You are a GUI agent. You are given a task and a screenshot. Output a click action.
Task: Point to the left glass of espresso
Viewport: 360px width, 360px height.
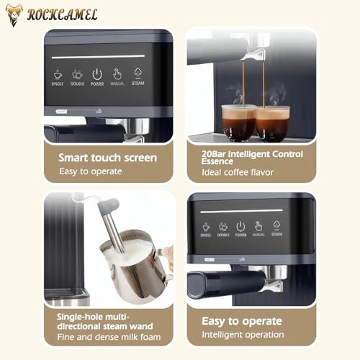(238, 122)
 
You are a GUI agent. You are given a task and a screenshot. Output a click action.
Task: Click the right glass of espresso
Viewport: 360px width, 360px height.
(273, 122)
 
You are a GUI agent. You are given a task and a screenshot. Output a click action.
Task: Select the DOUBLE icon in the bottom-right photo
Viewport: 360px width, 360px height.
(223, 228)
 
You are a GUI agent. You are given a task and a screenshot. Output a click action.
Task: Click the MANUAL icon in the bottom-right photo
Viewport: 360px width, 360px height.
(258, 228)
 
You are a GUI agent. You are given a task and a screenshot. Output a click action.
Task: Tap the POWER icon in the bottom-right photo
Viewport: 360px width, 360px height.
(240, 228)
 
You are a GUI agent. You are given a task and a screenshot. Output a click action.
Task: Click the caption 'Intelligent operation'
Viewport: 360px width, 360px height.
(243, 334)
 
